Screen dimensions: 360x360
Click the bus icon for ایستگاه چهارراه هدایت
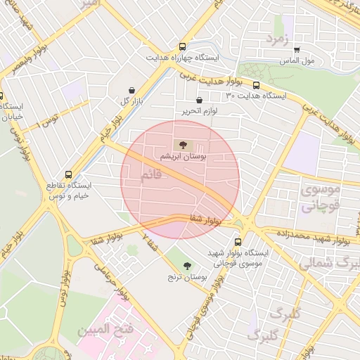pyautogui.click(x=184, y=45)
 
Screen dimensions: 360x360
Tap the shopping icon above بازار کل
pyautogui.click(x=133, y=89)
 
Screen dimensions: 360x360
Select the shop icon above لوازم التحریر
pyautogui.click(x=200, y=100)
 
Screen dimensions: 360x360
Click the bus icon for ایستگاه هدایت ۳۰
pyautogui.click(x=256, y=85)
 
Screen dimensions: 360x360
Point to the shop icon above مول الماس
pyautogui.click(x=297, y=50)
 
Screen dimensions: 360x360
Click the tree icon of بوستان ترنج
pyautogui.click(x=187, y=266)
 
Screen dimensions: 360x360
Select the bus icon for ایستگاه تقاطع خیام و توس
pyautogui.click(x=68, y=174)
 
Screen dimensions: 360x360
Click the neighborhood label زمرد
pyautogui.click(x=276, y=40)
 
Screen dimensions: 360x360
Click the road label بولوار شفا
pyautogui.click(x=205, y=220)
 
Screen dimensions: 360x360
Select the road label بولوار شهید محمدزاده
pyautogui.click(x=310, y=236)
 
